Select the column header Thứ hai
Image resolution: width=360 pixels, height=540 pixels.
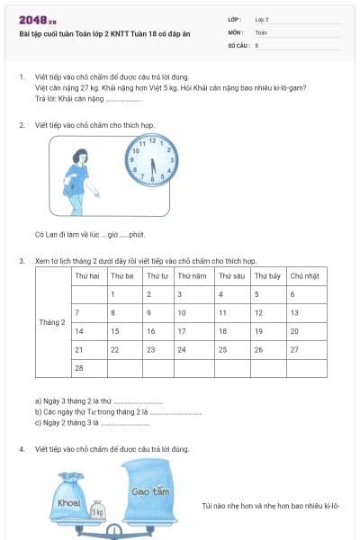point(87,275)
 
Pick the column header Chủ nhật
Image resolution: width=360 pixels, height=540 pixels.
point(306,275)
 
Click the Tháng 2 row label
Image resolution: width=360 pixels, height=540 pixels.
point(52,322)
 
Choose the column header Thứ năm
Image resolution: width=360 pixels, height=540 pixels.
point(193,275)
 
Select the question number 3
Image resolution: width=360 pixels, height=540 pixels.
point(21,260)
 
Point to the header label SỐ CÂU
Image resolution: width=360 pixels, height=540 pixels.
point(238,44)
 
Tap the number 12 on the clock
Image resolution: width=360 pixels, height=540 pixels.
point(151,140)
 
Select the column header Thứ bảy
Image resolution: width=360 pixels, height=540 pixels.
point(268,275)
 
